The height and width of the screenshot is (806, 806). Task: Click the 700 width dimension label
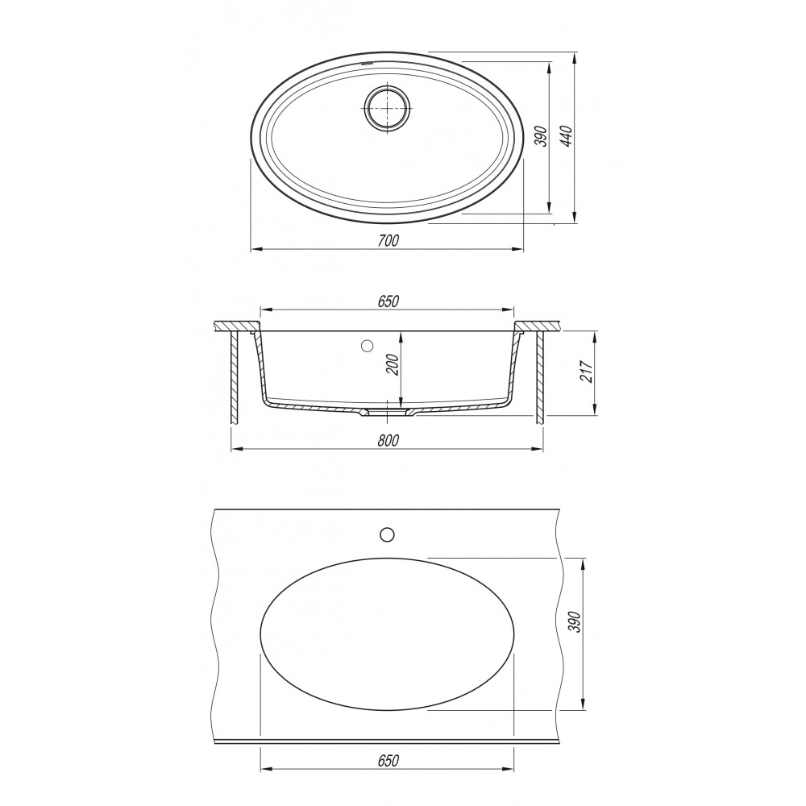point(388,240)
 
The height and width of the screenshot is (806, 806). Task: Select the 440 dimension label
point(566,136)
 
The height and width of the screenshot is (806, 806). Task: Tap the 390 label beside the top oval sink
point(540,136)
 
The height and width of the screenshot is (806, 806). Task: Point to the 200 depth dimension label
point(393,364)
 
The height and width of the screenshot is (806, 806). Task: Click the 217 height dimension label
point(586,371)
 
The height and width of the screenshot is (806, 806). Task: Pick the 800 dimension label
point(388,441)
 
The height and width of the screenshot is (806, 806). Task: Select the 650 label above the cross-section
point(388,301)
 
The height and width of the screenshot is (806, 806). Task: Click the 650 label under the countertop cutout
point(388,760)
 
